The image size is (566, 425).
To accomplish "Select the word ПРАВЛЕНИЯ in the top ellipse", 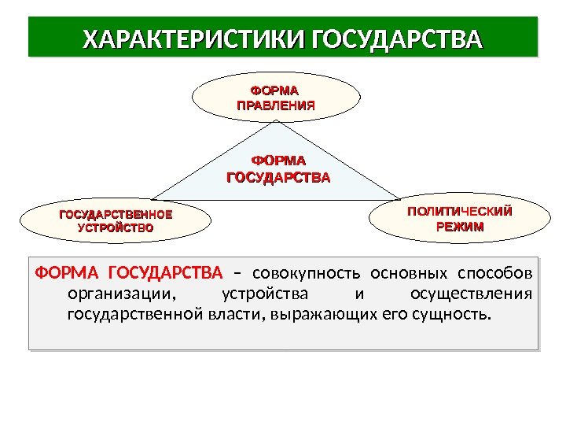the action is pos(275,105).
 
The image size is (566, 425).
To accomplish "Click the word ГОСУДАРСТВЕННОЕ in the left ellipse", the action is pos(116,214).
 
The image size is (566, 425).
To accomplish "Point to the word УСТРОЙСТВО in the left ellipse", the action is pos(116,227).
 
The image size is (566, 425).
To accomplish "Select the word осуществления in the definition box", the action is pos(472,295).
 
